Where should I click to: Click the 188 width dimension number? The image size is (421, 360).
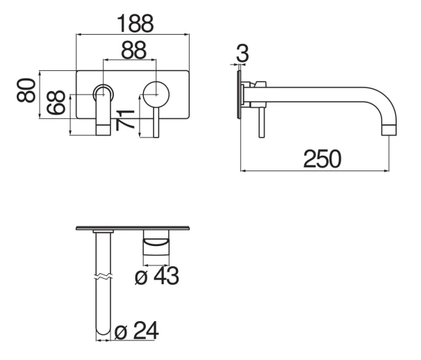135,24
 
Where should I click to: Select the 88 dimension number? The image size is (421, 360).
133,50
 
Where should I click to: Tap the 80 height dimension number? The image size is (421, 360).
26,90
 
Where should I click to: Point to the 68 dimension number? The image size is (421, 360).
56,102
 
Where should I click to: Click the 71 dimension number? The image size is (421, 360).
125,120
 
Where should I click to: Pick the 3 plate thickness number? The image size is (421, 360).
242,54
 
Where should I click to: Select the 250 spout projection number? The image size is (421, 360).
322,159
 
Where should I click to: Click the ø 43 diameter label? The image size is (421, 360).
157,276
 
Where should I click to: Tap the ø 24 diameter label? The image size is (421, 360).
136,330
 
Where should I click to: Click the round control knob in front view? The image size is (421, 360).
156,95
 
